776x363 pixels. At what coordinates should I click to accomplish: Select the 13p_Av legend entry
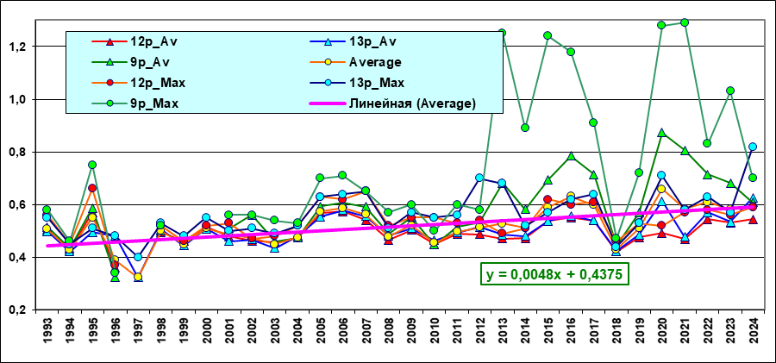[x=372, y=41]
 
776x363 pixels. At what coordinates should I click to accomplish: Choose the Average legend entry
[x=375, y=62]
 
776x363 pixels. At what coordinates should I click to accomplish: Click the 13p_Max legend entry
[x=375, y=83]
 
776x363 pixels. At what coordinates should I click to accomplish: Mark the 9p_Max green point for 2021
[x=685, y=22]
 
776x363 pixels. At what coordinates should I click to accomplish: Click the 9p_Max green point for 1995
[x=92, y=165]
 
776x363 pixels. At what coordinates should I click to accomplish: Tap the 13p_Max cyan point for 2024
[x=753, y=147]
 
